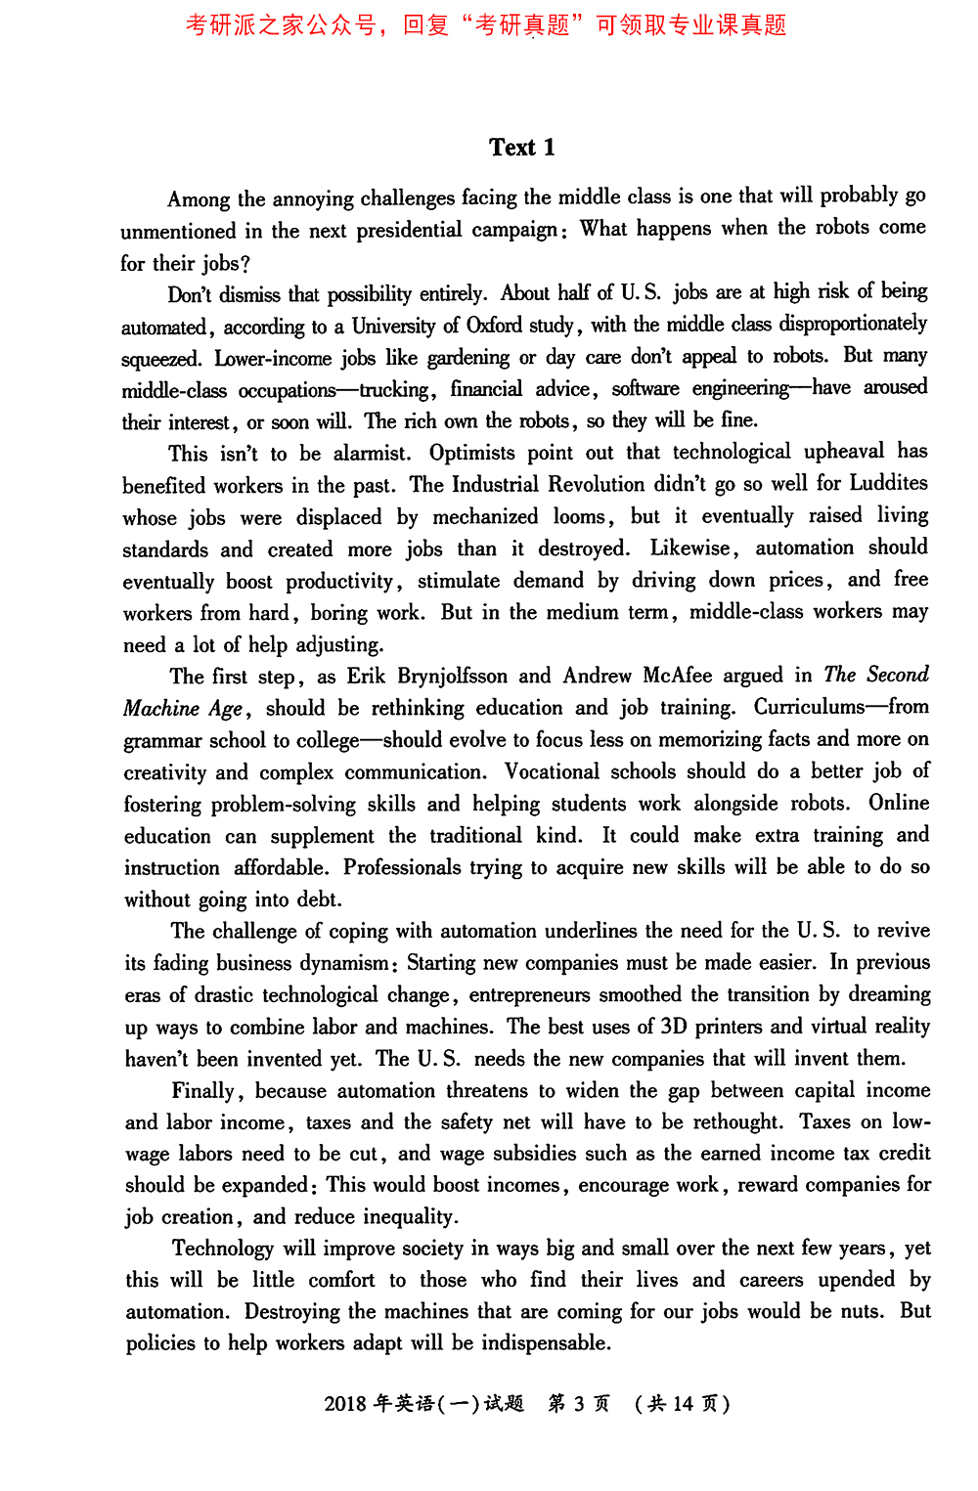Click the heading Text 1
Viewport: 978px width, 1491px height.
click(x=521, y=148)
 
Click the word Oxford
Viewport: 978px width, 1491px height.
click(x=494, y=325)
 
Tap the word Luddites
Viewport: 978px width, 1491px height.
click(x=888, y=483)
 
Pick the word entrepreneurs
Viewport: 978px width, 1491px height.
click(x=529, y=995)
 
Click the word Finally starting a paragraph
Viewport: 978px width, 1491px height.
click(x=203, y=1091)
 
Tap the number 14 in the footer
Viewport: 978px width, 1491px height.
click(x=683, y=1405)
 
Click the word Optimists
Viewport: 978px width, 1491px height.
click(x=471, y=453)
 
